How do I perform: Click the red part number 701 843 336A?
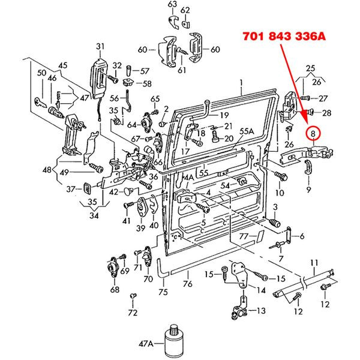tap(284, 36)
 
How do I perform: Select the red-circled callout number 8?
tap(313, 133)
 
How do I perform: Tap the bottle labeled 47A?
tap(174, 341)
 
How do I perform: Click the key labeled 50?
tap(40, 102)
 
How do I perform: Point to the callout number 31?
tap(100, 47)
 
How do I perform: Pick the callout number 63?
tap(172, 4)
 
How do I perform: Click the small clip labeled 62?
tap(185, 24)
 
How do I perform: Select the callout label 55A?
tap(247, 131)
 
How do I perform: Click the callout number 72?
tap(133, 313)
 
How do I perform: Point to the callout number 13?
tap(261, 311)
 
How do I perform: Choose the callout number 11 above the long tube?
tap(314, 263)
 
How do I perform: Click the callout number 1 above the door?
tap(241, 82)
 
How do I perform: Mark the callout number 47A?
tap(146, 344)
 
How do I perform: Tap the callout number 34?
tap(94, 215)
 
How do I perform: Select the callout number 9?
tap(308, 190)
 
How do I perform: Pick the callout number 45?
tap(62, 65)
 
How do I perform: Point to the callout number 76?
tap(187, 284)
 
